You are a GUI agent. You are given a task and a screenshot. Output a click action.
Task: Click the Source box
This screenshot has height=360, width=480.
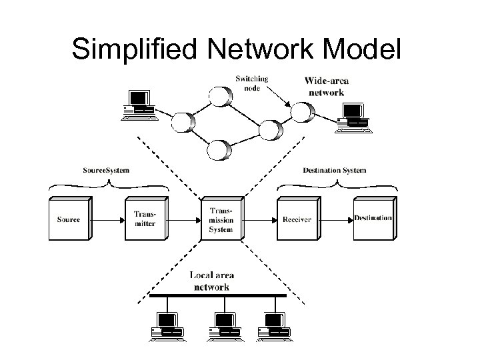[x=69, y=219]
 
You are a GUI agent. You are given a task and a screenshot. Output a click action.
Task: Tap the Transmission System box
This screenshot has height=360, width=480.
[x=220, y=219]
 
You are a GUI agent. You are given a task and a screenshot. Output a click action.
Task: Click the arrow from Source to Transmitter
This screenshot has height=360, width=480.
[x=107, y=219]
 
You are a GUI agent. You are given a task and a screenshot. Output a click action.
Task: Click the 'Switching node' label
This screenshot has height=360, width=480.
[x=252, y=83]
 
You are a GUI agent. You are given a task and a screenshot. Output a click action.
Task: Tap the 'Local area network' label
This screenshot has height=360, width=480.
[x=211, y=281]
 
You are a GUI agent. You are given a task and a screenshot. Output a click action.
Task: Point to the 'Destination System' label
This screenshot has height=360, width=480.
[x=334, y=170]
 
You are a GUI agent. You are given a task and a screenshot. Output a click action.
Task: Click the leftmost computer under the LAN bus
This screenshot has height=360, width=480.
[x=167, y=325]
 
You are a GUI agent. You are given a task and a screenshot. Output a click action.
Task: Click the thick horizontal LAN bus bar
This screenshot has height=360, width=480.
[x=217, y=295]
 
